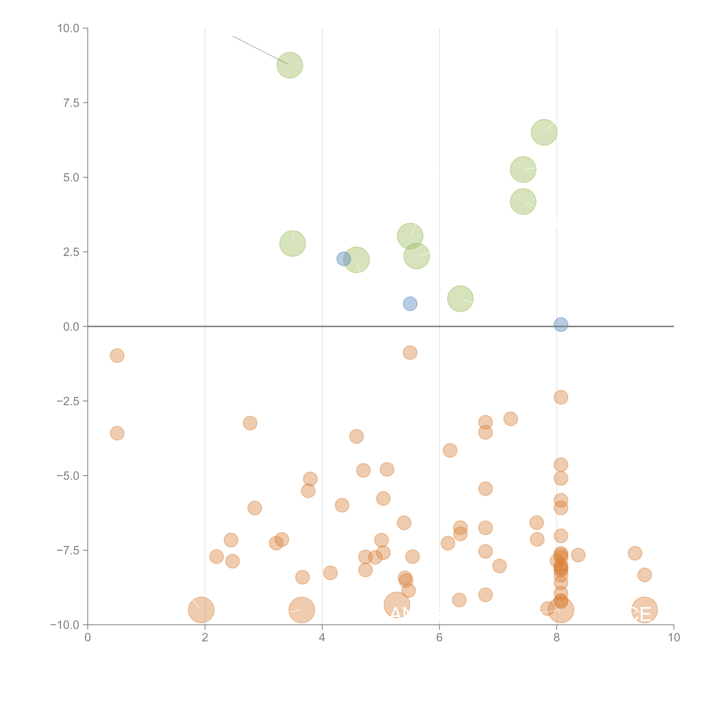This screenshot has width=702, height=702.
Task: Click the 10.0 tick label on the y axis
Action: [68, 28]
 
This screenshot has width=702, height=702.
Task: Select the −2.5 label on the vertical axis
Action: [68, 401]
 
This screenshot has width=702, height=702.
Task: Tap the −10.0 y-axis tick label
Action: [65, 625]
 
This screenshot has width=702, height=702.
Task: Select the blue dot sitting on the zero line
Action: [561, 324]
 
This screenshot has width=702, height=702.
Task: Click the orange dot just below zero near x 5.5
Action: [410, 352]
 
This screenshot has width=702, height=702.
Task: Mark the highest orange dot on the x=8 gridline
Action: [561, 397]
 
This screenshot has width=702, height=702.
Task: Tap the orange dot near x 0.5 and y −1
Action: [117, 355]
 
